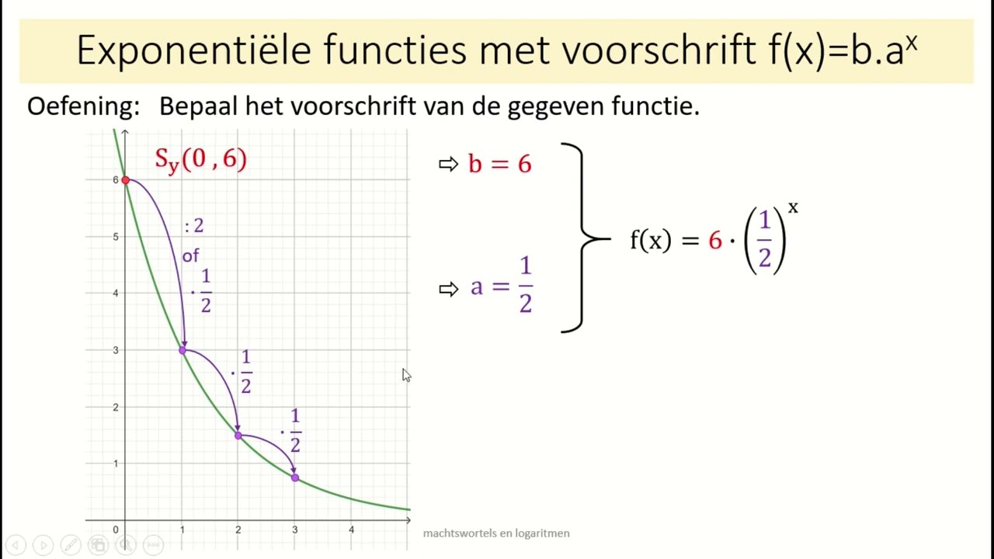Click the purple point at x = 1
pyautogui.click(x=182, y=350)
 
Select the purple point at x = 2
pyautogui.click(x=238, y=436)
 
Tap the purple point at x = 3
pyautogui.click(x=295, y=477)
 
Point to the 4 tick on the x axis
pyautogui.click(x=351, y=529)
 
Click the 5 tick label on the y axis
pyautogui.click(x=116, y=237)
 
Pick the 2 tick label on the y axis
pyautogui.click(x=116, y=407)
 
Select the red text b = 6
pyautogui.click(x=499, y=164)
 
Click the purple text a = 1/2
pyautogui.click(x=502, y=286)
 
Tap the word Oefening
pyautogui.click(x=83, y=106)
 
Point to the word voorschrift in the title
pyautogui.click(x=659, y=51)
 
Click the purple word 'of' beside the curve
pyautogui.click(x=190, y=256)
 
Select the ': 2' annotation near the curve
pyautogui.click(x=194, y=226)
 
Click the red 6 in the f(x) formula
pyautogui.click(x=715, y=241)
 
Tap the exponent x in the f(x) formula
pyautogui.click(x=793, y=208)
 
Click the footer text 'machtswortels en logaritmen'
pyautogui.click(x=496, y=533)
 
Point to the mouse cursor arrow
pyautogui.click(x=406, y=375)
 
